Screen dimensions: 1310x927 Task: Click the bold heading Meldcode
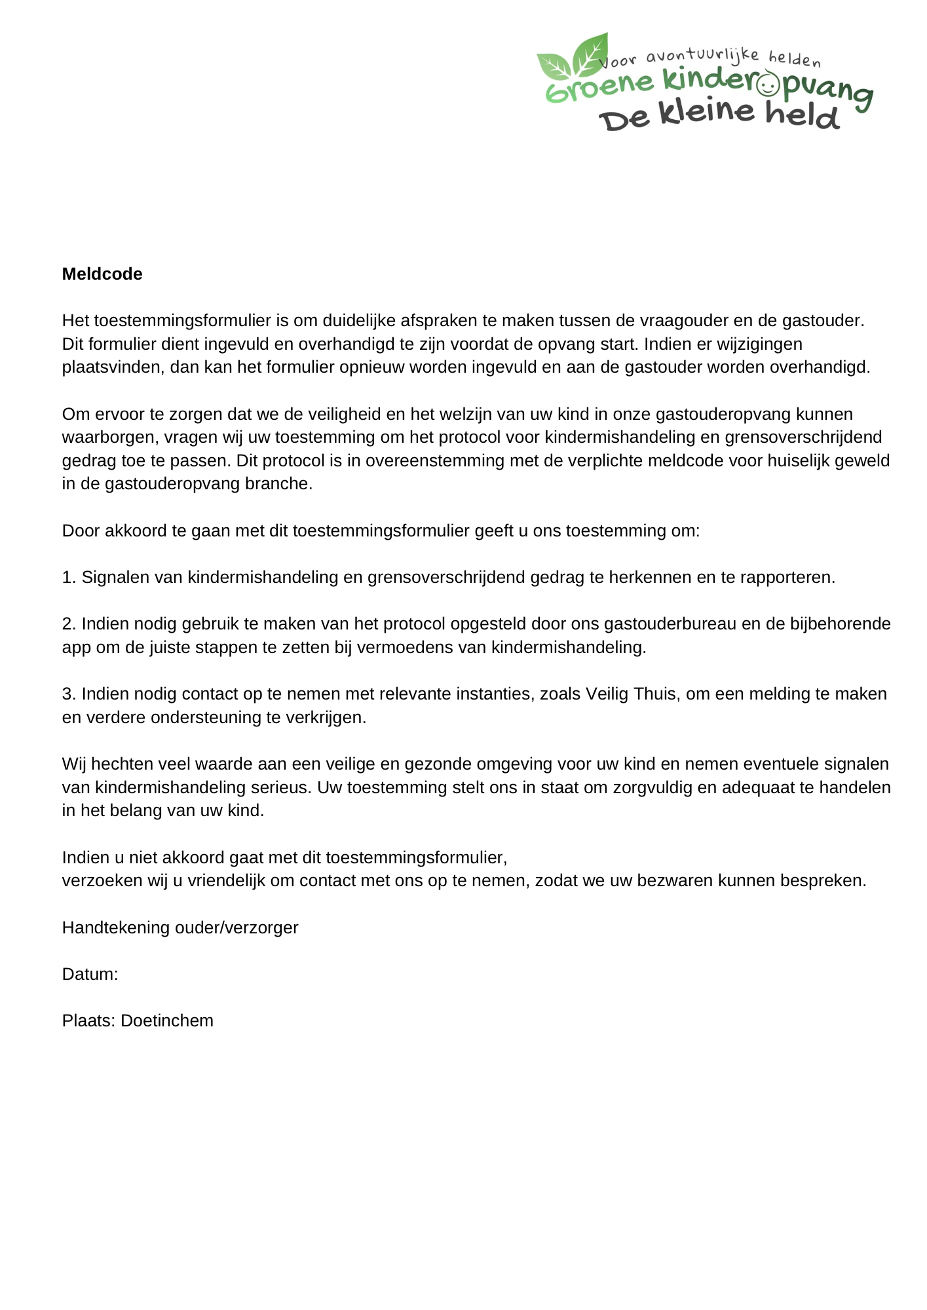click(102, 274)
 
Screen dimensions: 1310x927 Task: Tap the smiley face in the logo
click(767, 84)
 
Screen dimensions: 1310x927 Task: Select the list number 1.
click(69, 578)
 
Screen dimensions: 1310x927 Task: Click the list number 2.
click(69, 624)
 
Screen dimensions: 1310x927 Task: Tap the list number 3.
click(69, 694)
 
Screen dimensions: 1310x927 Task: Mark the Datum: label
click(90, 974)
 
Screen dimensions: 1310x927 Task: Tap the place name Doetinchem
click(167, 1021)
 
